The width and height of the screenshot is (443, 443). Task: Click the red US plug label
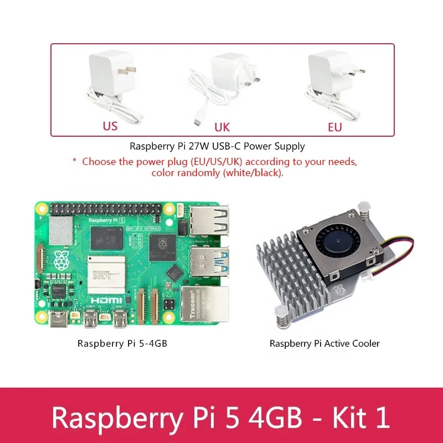click(110, 126)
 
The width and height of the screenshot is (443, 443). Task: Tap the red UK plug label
click(221, 127)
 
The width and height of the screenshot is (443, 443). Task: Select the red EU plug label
click(334, 127)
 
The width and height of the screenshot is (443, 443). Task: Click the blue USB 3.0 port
click(210, 260)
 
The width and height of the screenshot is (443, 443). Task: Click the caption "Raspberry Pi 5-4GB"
click(122, 343)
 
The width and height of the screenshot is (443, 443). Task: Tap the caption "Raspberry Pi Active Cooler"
click(324, 343)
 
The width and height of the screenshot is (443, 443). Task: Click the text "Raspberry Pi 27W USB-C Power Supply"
click(217, 147)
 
